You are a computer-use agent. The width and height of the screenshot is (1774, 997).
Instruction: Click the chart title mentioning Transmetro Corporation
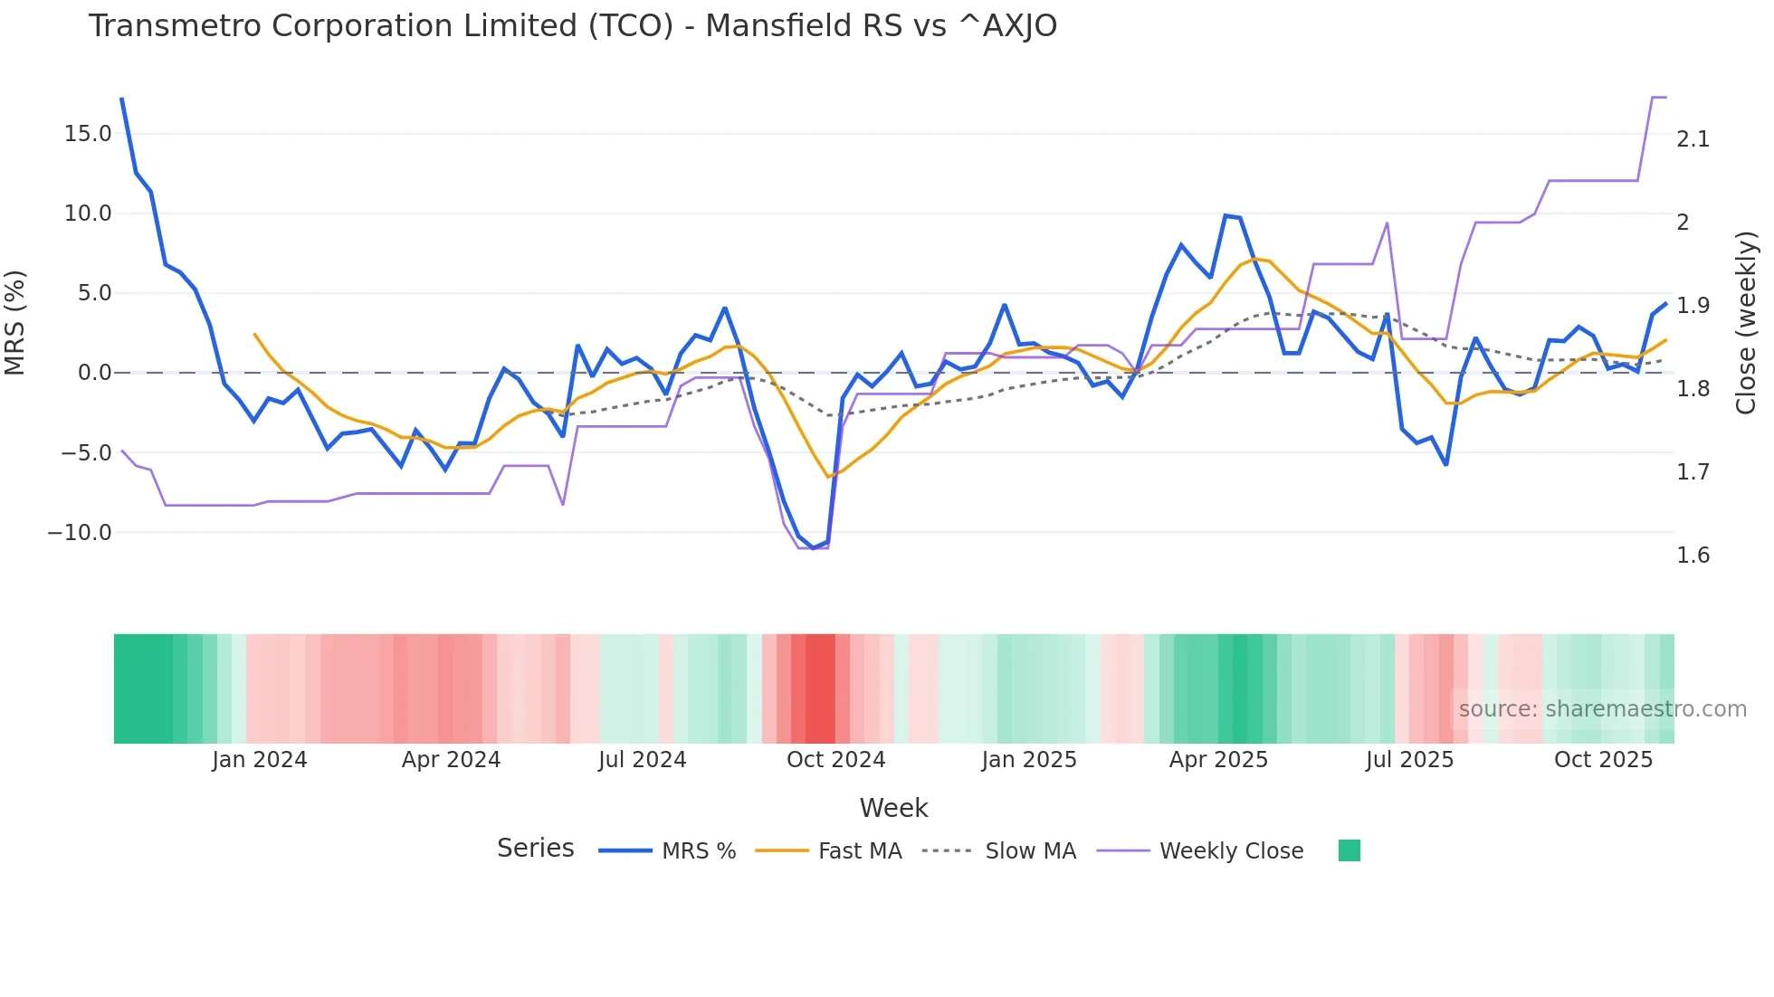[572, 26]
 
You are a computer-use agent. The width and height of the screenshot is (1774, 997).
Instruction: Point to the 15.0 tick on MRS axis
[88, 134]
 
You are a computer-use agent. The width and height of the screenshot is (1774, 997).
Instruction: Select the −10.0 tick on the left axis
[80, 533]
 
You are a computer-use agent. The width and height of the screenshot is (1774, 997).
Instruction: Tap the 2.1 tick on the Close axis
[1693, 139]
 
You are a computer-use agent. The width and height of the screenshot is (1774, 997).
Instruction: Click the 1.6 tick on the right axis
[1693, 555]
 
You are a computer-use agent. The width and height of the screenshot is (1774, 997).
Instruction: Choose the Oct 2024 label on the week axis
[835, 760]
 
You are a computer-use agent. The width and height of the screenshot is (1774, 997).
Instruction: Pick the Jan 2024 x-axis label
[260, 760]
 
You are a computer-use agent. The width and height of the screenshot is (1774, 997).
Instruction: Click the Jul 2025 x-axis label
[1409, 760]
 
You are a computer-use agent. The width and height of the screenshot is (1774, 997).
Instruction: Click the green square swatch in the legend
[1349, 850]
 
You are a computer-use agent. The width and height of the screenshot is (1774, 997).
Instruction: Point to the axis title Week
[893, 808]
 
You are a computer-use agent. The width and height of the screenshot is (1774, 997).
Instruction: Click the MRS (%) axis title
[15, 323]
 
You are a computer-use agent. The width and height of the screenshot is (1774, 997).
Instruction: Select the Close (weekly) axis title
[1746, 323]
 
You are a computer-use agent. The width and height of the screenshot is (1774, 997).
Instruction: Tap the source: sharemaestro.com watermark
[1602, 709]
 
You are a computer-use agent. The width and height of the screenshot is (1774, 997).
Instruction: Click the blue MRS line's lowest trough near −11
[813, 547]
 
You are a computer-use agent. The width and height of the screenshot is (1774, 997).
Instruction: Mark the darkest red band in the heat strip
[820, 688]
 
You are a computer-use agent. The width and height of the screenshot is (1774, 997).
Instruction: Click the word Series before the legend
[535, 849]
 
